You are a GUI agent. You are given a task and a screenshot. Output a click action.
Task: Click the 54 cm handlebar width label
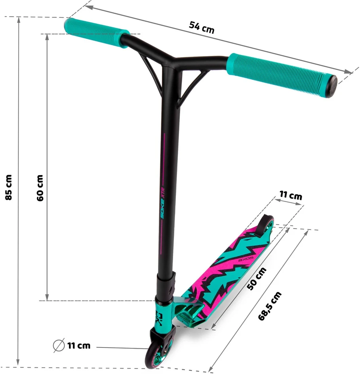click(x=201, y=27)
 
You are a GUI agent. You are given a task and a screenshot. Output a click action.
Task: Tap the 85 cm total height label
click(x=9, y=187)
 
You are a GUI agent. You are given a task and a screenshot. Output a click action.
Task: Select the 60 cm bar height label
click(x=40, y=188)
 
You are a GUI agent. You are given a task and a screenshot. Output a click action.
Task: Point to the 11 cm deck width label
click(x=291, y=195)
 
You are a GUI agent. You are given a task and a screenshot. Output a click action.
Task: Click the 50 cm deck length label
click(x=257, y=279)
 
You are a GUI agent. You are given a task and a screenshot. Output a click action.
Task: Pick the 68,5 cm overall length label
click(x=270, y=306)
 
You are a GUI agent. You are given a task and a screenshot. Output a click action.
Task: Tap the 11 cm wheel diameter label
click(x=79, y=345)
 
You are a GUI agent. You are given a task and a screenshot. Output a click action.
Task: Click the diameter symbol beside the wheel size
click(x=59, y=345)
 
